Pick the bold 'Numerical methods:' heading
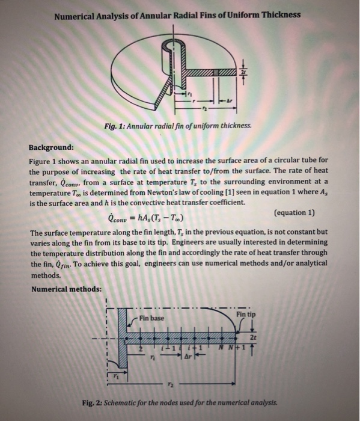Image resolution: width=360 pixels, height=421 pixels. (x=66, y=289)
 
